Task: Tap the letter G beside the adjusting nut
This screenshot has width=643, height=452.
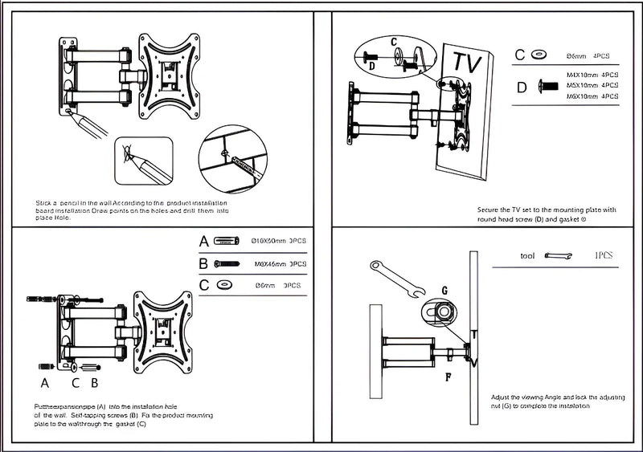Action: [x=443, y=289]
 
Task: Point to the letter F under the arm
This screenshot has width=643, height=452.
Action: [x=448, y=373]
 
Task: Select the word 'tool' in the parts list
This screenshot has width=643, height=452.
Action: [x=527, y=256]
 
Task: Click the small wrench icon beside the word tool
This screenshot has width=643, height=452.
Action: [x=557, y=256]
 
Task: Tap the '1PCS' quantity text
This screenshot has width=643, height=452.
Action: [x=604, y=255]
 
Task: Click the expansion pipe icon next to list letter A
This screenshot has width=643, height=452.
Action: [x=228, y=241]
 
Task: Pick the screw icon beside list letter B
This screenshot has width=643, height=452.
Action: [x=227, y=263]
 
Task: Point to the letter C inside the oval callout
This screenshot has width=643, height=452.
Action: [x=394, y=40]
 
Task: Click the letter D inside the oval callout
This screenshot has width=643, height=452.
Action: [x=372, y=67]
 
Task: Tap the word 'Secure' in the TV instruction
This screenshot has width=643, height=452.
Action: [x=491, y=210]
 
